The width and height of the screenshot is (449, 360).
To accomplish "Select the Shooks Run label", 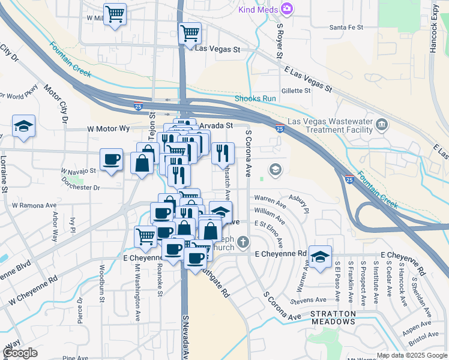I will click(x=255, y=98).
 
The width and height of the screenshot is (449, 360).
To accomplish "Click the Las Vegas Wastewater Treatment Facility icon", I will click(x=381, y=125).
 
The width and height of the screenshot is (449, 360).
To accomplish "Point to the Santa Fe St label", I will click(x=347, y=28).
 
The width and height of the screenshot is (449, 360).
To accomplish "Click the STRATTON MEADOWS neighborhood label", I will click(x=333, y=318).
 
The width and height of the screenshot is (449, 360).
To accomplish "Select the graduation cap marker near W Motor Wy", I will click(x=23, y=127).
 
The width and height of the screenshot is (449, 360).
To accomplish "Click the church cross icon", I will click(x=243, y=242).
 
